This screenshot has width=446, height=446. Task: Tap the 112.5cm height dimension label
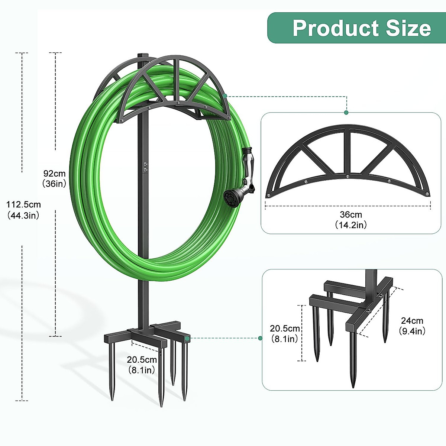(23, 204)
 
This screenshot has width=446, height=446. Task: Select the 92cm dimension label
(54, 173)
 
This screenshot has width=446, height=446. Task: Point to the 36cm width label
(350, 214)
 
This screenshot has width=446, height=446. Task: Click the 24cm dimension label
(412, 320)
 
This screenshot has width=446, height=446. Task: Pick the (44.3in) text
(23, 215)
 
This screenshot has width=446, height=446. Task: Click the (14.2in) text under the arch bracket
(350, 225)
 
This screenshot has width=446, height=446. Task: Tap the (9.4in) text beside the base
(412, 331)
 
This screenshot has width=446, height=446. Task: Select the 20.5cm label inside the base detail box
(285, 328)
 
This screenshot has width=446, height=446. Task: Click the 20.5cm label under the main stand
(142, 359)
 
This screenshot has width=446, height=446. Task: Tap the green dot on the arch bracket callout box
(346, 113)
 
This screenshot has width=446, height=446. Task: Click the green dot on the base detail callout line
(260, 338)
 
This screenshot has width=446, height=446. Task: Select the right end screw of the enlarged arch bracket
(427, 194)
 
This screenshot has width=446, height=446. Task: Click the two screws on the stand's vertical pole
(145, 167)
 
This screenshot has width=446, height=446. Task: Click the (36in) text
(54, 183)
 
